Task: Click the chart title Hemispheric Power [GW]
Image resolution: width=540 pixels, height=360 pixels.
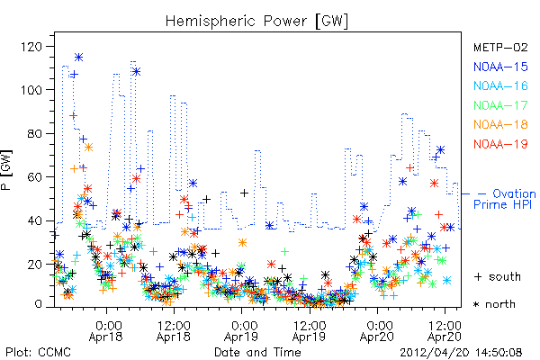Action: pos(256,22)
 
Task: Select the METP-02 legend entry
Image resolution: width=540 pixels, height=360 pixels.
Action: pos(500,47)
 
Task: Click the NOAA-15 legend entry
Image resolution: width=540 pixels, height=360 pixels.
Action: pos(500,67)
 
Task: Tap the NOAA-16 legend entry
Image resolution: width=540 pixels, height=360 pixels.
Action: pos(500,85)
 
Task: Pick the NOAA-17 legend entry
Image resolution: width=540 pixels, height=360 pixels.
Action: pos(500,105)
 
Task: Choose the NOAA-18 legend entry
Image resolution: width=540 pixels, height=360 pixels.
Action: pos(500,124)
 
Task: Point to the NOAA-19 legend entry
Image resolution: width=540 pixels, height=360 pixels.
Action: pos(500,144)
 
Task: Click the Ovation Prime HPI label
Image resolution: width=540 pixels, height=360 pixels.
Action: pos(505,199)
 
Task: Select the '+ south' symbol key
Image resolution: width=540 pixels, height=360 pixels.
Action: pos(498,276)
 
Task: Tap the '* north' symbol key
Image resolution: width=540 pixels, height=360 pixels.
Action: pos(494,304)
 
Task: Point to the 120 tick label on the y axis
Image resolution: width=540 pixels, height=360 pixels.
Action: pos(31,46)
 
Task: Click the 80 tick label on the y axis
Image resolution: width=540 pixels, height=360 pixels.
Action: pos(35,134)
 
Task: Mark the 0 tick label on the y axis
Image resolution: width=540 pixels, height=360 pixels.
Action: pos(38,304)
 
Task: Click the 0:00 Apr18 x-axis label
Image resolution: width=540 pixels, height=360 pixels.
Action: pos(105,331)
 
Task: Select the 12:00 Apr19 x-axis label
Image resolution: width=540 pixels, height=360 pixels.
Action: pos(309,331)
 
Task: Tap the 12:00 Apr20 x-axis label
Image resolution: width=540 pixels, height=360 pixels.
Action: pos(445,331)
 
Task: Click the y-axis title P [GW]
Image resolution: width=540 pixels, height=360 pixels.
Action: pos(6,170)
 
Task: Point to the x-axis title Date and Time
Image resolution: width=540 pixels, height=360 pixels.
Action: pos(257,352)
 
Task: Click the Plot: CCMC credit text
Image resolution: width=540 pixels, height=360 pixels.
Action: pos(38,352)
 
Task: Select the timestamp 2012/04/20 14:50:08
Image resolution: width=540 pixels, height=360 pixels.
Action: pos(461,353)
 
